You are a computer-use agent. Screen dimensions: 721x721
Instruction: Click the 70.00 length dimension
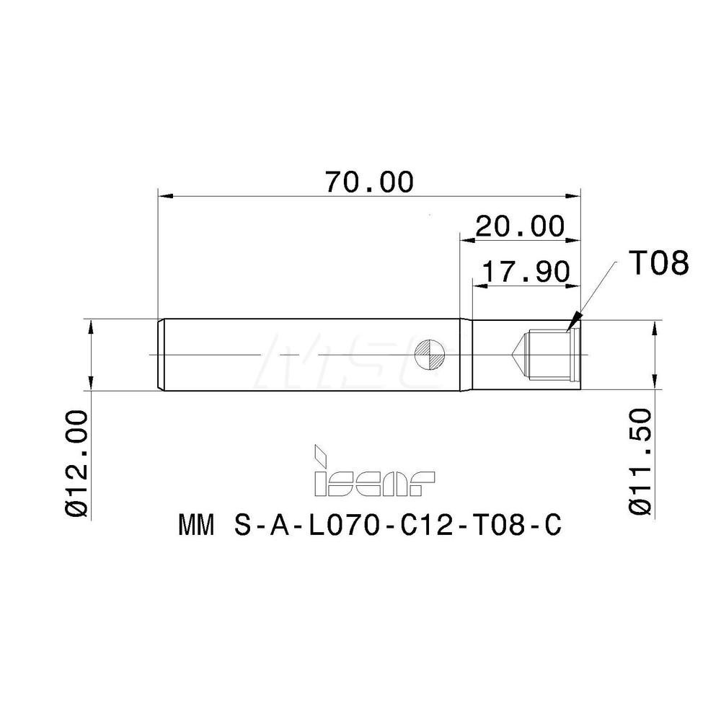pos(368,182)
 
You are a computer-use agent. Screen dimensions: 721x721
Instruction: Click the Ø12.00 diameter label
pos(76,462)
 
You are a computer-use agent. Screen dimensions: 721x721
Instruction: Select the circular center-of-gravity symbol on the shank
pos(435,354)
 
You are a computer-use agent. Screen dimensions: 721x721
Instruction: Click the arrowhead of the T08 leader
pos(574,322)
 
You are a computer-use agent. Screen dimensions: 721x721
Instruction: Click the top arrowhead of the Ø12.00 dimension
pos(90,327)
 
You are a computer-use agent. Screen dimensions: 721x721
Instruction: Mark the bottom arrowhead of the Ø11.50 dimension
pos(654,383)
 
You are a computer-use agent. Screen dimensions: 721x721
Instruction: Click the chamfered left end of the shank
pos(160,354)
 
